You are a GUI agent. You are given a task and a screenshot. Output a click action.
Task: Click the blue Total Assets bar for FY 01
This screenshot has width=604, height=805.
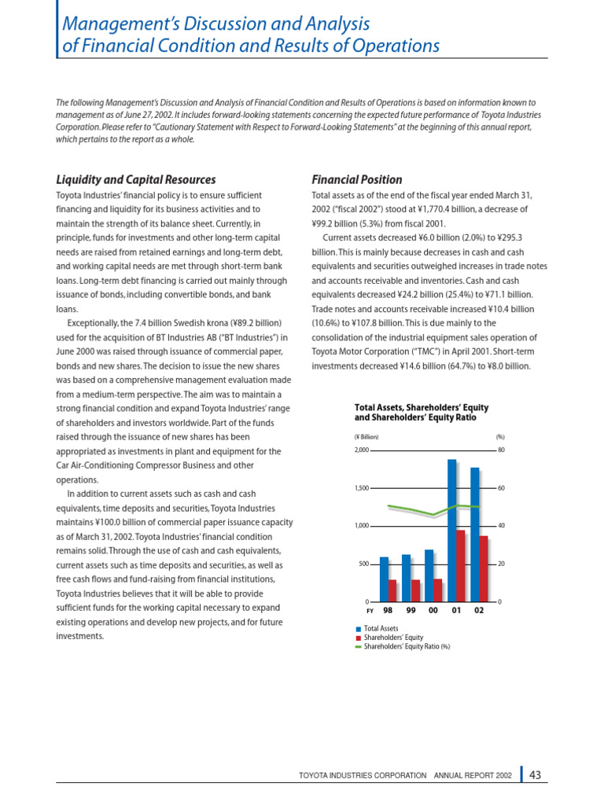452,531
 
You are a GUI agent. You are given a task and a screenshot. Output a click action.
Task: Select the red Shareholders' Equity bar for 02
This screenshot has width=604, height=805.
484,569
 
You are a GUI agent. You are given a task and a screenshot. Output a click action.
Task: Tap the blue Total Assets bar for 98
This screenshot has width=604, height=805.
384,579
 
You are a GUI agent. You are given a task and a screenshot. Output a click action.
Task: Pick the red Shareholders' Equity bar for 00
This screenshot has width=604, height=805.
438,590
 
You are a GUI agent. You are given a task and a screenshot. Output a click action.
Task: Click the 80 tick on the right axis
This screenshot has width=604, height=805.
501,450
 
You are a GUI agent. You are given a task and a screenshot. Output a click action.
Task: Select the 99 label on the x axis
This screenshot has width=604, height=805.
410,611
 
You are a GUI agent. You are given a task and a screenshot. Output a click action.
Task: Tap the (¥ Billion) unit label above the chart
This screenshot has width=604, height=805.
366,436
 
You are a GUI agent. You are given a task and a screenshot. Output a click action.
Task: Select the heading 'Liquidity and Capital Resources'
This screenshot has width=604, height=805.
135,180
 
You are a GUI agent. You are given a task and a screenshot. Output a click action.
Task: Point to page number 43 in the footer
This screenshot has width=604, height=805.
536,775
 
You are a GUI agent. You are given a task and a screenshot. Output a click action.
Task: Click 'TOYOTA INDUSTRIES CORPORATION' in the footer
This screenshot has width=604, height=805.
363,776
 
